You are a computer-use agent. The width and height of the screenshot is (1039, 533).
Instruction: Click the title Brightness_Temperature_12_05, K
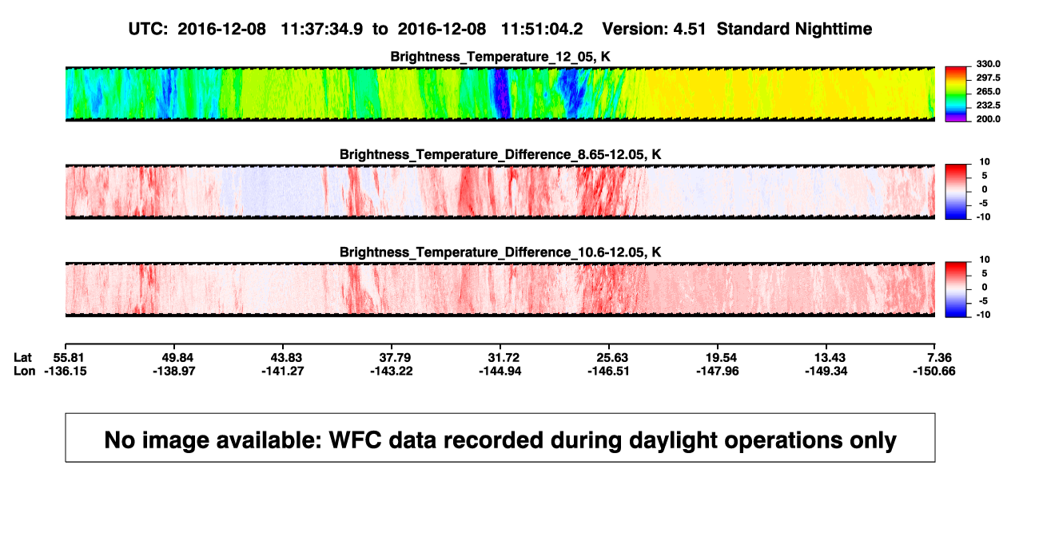[x=500, y=57]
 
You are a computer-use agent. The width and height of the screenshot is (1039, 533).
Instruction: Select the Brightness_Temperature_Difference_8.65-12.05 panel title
[x=500, y=154]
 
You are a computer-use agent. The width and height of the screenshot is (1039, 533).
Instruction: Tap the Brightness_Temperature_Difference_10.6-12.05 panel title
[x=500, y=253]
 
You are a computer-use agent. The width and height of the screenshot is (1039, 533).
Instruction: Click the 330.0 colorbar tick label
[x=988, y=64]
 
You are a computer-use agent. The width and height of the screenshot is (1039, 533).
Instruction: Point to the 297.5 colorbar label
[x=988, y=78]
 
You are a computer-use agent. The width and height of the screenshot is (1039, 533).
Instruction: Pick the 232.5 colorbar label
[x=988, y=105]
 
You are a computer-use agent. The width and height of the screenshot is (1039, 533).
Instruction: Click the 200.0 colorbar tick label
[x=988, y=119]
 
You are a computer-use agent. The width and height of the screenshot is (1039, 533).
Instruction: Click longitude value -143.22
[x=392, y=371]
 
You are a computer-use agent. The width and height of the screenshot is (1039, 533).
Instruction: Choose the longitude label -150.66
[x=934, y=371]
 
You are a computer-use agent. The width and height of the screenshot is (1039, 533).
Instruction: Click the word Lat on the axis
[x=22, y=358]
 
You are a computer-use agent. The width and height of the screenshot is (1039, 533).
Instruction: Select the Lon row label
[x=24, y=371]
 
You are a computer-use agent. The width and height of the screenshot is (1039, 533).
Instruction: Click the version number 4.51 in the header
[x=690, y=29]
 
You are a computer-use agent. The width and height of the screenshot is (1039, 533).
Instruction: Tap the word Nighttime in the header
[x=833, y=29]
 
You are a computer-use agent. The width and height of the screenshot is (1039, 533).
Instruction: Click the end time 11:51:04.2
[x=542, y=29]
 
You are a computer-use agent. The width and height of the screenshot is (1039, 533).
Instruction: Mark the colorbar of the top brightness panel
[x=956, y=94]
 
